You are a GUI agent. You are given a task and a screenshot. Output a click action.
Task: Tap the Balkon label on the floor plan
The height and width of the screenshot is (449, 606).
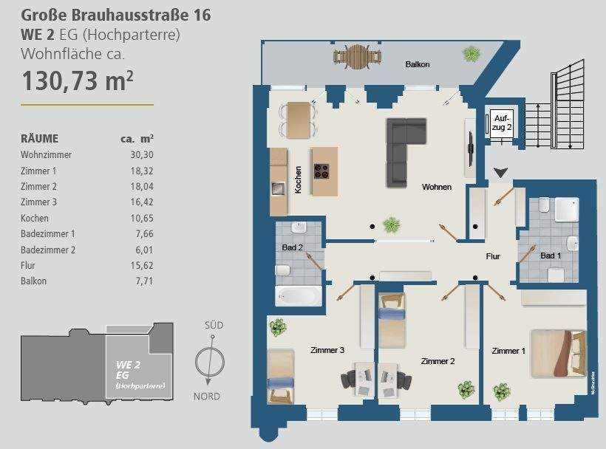coord(418,65)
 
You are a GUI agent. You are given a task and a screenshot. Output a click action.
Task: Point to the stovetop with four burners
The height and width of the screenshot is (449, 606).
coord(322,171)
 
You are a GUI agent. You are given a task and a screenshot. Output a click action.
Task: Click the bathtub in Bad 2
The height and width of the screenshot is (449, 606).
coord(298,298)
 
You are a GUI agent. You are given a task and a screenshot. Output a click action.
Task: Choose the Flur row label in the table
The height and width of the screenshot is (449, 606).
coord(28,264)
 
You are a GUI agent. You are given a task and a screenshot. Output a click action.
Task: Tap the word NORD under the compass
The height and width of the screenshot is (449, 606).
coord(208,396)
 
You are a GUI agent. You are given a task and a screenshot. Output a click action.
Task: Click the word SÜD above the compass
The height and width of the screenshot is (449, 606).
coord(214,325)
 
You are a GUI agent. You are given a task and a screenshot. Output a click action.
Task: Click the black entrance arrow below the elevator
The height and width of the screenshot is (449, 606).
coord(501,173)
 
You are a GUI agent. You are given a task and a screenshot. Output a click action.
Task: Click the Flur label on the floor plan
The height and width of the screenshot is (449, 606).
coord(493,257)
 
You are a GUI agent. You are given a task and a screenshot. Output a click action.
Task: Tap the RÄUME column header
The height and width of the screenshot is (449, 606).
coord(40,138)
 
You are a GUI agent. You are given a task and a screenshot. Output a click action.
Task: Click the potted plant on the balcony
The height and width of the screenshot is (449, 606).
coord(469,54)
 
